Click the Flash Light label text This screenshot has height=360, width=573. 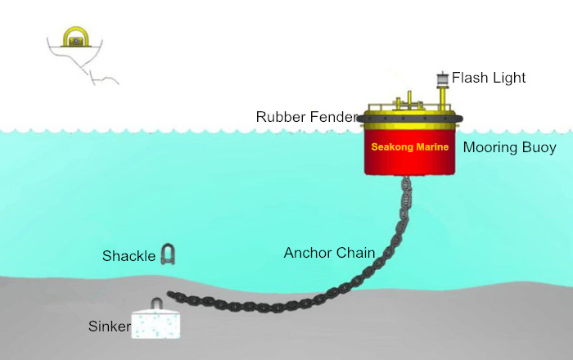point(489,78)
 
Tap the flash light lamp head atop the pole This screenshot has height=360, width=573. point(443,78)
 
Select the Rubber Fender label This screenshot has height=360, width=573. point(307,117)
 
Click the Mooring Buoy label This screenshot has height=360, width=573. point(509,147)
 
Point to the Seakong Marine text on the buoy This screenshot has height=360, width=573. point(409,146)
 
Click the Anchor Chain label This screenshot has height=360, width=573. point(329,253)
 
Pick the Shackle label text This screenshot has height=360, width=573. point(129,256)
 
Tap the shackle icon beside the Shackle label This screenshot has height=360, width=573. point(168,254)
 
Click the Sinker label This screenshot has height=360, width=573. point(109,326)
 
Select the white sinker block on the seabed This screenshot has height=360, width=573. point(156,324)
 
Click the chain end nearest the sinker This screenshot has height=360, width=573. point(170,294)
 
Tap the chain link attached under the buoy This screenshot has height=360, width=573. point(406,182)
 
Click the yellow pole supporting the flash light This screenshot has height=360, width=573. point(443,97)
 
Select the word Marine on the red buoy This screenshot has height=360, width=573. point(432,146)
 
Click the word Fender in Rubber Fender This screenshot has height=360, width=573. point(333,117)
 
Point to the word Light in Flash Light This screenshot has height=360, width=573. point(508,78)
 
